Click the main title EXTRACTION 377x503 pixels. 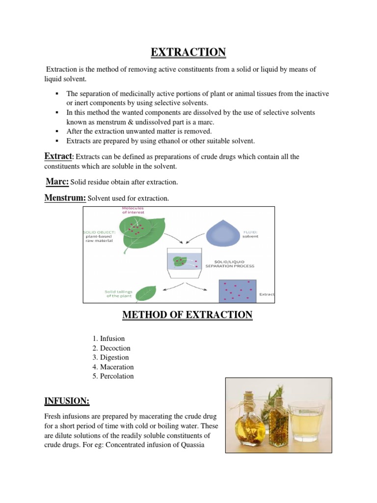pos(188,52)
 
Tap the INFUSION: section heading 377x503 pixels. pos(67,401)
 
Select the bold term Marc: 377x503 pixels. pos(57,182)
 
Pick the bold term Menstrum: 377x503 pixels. pos(65,198)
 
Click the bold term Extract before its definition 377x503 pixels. pos(58,156)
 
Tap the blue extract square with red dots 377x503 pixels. pos(238,290)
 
